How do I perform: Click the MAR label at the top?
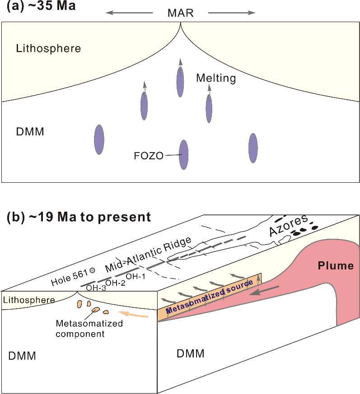point(180,13)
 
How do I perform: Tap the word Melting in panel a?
point(216,78)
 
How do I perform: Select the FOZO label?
point(149,156)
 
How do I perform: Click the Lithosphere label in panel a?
point(48,48)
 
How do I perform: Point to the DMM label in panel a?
point(30,132)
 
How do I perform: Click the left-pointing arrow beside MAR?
point(129,13)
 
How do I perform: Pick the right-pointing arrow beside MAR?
point(232,13)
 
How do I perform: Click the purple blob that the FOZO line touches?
point(184,155)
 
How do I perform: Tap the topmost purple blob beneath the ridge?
point(180,82)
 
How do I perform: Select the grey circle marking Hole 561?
point(93,270)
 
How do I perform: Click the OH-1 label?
point(136,277)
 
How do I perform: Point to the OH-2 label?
point(115,283)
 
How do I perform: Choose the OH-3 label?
point(96,288)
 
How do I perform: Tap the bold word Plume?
point(336,265)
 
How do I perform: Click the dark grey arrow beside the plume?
point(264,291)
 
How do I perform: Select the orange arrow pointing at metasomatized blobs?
point(133,314)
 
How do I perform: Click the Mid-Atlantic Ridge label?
point(148,255)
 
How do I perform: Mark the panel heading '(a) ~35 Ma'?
point(41,5)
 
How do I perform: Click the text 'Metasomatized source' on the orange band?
point(209,297)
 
